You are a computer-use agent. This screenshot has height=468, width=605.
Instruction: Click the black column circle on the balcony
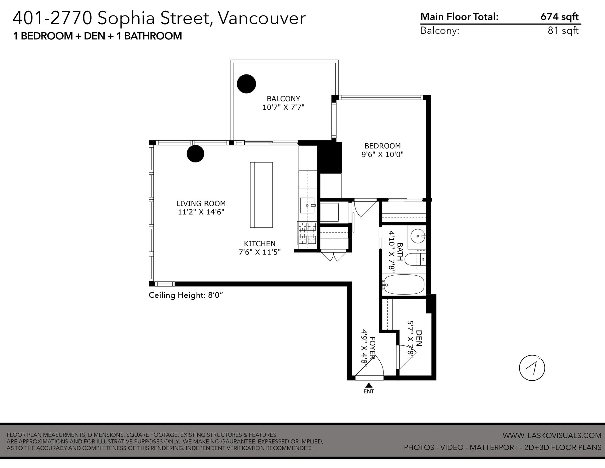coord(246,84)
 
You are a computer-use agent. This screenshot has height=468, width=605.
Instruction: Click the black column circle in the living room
coord(195,154)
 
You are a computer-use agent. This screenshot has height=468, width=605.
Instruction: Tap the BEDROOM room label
coord(383,146)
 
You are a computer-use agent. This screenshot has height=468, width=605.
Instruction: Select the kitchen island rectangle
coord(261,195)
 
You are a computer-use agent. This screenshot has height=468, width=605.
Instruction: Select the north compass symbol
coord(532,368)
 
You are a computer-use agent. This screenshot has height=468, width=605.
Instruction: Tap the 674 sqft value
coord(560,17)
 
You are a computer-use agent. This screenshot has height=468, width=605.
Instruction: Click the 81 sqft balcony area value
coord(563,31)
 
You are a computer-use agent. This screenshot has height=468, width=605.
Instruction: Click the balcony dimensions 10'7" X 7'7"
coord(283,107)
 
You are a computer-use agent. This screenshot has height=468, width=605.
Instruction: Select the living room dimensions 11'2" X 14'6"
coord(201,212)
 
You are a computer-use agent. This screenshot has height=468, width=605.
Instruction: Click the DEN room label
coord(419,338)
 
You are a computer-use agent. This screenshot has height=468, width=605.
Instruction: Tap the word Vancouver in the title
coord(262,18)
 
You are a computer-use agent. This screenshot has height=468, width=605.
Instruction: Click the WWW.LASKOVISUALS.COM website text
coord(552,436)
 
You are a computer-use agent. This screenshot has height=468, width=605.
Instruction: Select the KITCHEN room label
coord(260,243)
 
